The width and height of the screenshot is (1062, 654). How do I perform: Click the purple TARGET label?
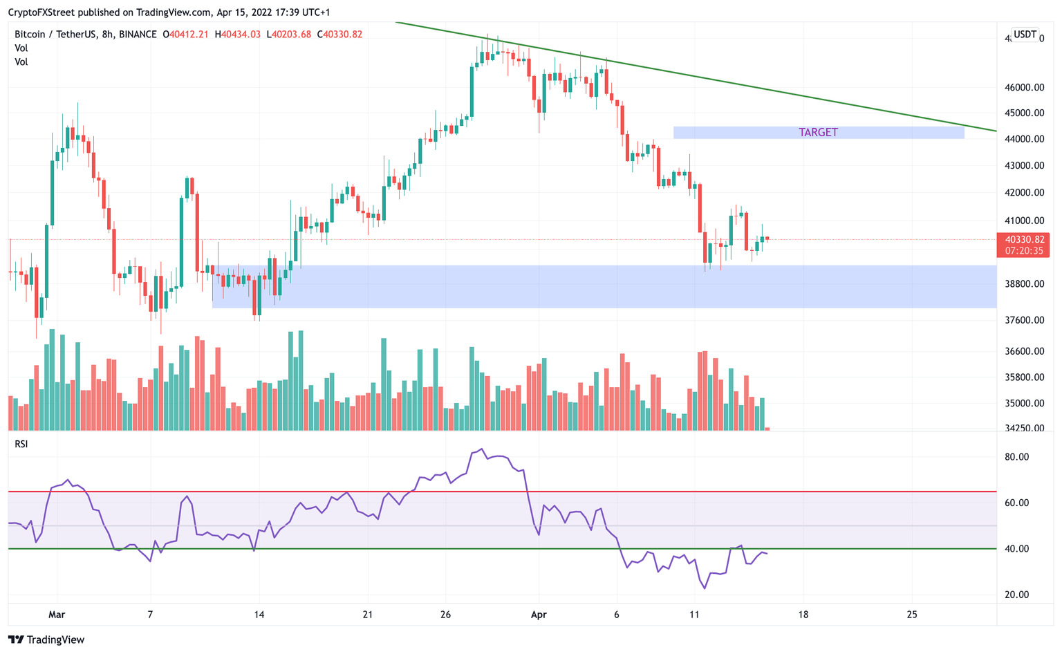pos(818,132)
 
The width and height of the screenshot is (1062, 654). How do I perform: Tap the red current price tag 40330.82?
pos(1023,239)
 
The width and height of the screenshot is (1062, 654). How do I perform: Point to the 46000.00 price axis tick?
pos(1024,87)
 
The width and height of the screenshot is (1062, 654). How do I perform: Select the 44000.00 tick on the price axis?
pos(1024,139)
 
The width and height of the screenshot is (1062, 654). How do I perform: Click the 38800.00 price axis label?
pos(1024,284)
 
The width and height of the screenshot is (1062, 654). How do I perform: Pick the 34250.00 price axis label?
pos(1024,428)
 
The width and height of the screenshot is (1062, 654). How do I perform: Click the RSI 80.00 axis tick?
pos(1016,457)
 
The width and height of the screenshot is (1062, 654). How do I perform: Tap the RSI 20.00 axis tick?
pos(1016,595)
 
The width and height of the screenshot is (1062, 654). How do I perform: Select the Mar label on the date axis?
pos(57,615)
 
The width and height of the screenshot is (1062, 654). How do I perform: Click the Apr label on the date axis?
pos(539,615)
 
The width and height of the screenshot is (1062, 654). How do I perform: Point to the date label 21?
pos(367,615)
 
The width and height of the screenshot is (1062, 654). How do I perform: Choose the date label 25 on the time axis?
pos(911,615)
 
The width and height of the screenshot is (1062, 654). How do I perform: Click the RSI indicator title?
pos(21,444)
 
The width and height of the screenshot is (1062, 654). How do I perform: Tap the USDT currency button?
pos(1024,35)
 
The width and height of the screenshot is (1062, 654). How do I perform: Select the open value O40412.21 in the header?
pos(185,35)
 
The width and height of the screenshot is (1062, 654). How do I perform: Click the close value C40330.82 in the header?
pos(339,35)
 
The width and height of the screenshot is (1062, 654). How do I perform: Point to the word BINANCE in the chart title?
pos(138,35)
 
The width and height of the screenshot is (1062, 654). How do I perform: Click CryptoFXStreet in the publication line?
pos(41,12)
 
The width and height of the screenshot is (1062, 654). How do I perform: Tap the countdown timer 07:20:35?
pos(1024,251)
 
